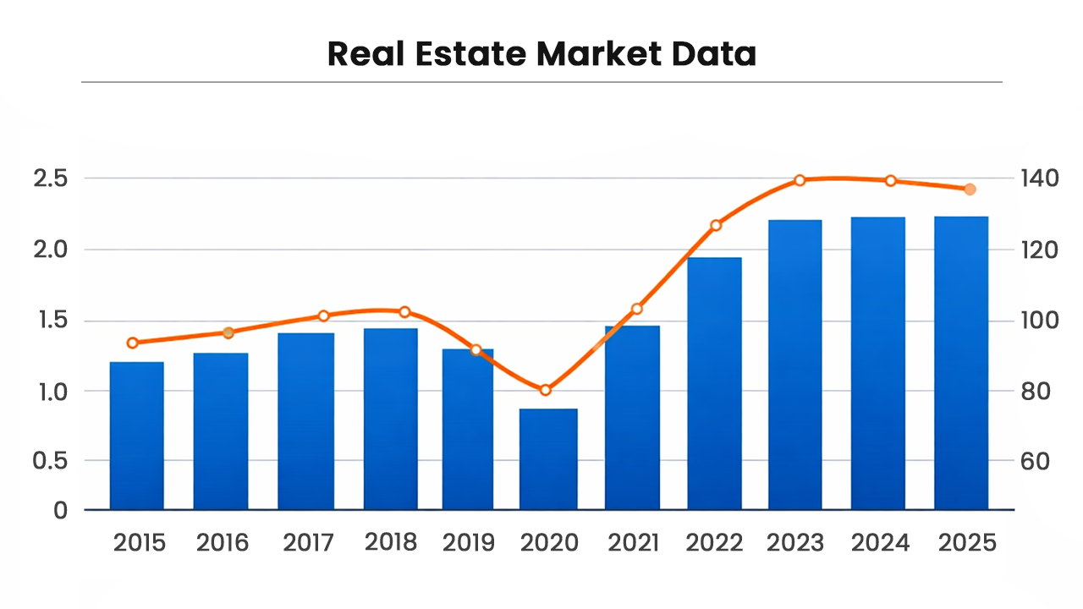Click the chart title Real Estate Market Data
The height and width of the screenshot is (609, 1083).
tap(541, 54)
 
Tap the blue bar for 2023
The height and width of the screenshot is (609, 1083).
tap(794, 365)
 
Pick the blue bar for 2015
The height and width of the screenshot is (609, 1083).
tap(137, 436)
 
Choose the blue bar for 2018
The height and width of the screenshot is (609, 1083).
tap(391, 419)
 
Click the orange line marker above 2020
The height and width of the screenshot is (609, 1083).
tap(546, 390)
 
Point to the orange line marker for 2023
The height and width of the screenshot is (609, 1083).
tap(800, 180)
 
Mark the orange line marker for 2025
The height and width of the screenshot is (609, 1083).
tap(970, 189)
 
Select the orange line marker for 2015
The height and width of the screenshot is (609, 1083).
tap(133, 343)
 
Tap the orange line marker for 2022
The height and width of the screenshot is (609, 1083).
tap(716, 225)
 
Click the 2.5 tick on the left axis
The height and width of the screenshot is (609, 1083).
tap(50, 178)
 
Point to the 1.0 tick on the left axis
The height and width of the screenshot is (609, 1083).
tap(50, 392)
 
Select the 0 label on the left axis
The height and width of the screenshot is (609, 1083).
tap(60, 510)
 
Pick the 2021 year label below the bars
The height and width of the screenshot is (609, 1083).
tap(633, 542)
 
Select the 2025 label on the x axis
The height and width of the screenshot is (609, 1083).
tap(968, 542)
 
